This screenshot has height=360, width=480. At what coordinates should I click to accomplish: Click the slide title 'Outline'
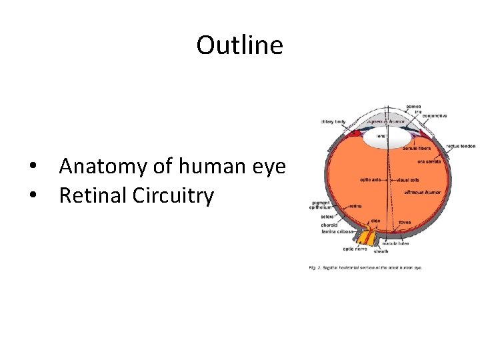point(239,45)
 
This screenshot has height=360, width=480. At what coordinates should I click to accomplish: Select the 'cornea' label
point(414,106)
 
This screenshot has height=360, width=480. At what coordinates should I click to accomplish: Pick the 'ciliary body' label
point(333,121)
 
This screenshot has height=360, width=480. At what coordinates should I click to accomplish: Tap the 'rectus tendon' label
point(461,145)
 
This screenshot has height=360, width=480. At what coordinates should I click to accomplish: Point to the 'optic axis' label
point(371,180)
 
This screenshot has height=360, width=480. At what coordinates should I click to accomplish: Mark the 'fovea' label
point(404,221)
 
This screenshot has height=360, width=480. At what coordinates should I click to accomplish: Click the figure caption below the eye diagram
point(365,268)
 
